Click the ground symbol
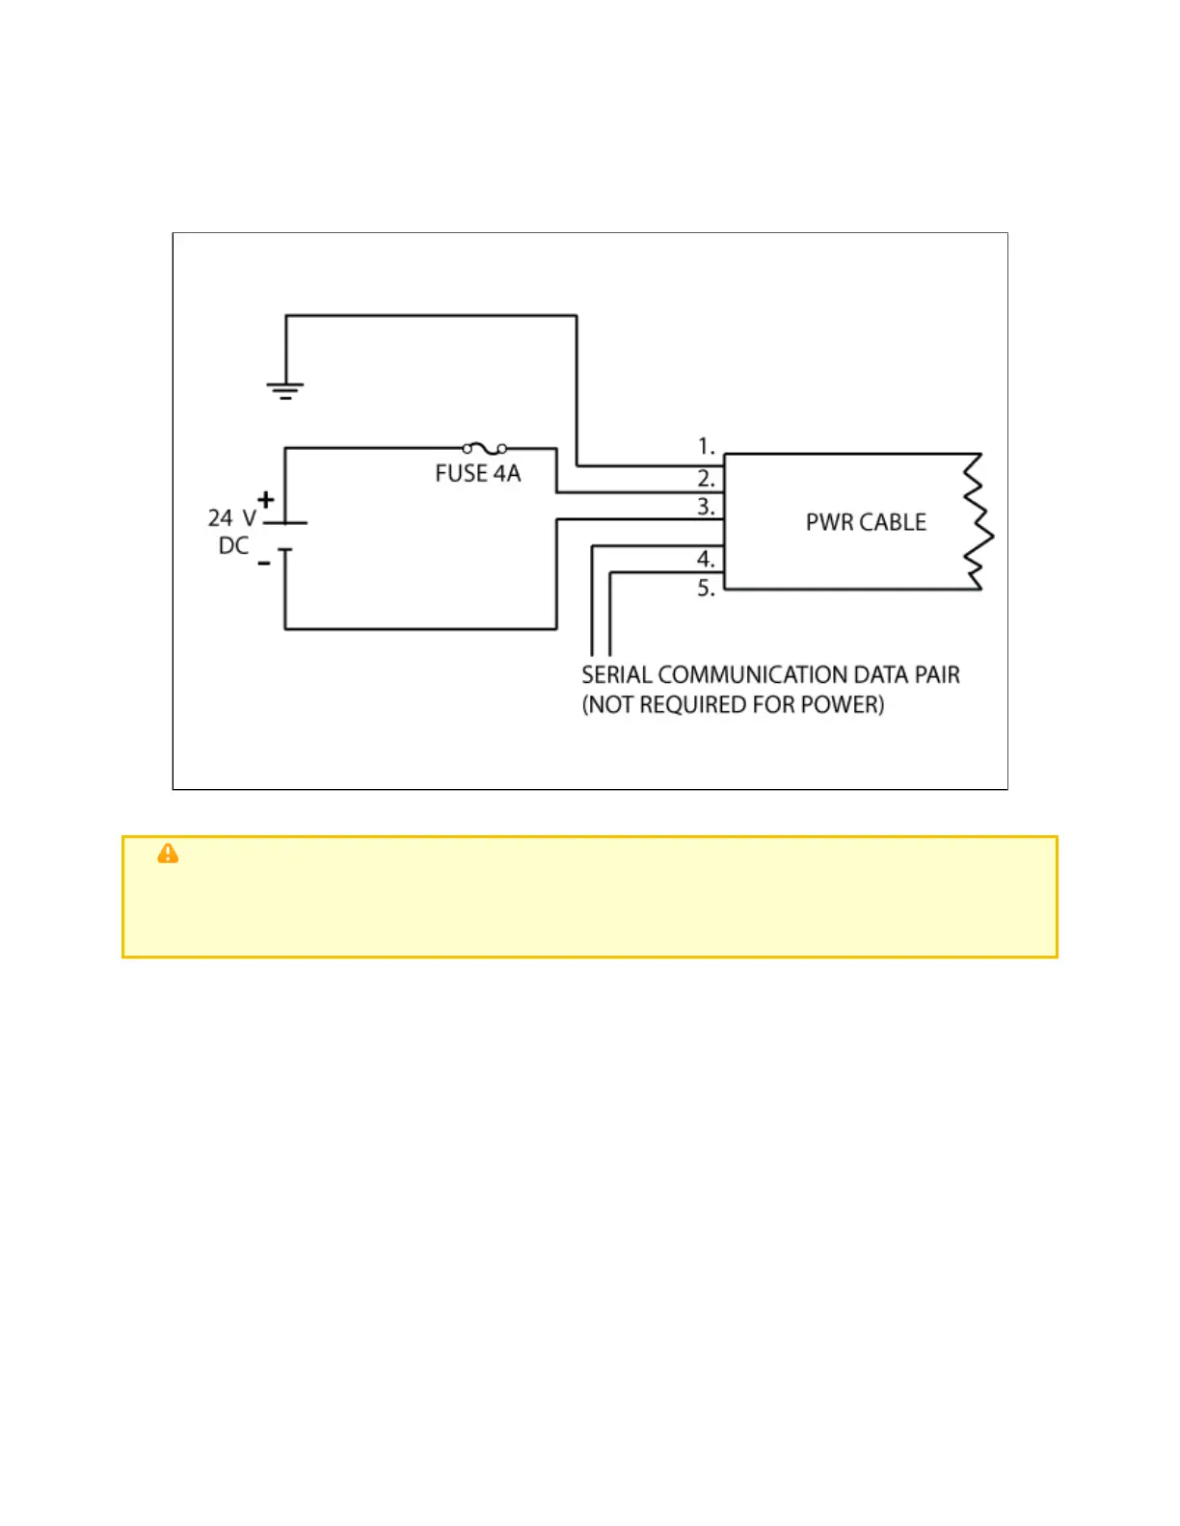tap(285, 390)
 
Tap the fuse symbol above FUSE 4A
tap(485, 448)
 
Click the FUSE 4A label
tap(477, 474)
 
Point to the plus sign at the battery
tap(265, 500)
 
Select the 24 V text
tap(232, 518)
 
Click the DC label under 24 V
tap(233, 546)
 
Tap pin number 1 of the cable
tap(706, 446)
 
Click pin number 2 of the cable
tap(706, 478)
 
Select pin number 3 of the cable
tap(706, 507)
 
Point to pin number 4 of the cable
tap(706, 559)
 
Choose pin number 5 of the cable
tap(706, 588)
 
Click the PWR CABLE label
tap(866, 522)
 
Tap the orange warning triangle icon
tap(168, 854)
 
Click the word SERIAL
tap(616, 675)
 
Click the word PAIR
tap(936, 675)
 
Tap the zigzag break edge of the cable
tap(979, 522)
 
